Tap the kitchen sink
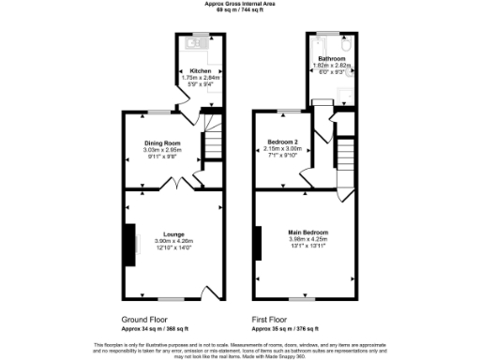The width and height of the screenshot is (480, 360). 198,41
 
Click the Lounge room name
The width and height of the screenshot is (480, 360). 172,233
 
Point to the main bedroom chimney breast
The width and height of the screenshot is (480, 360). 256,243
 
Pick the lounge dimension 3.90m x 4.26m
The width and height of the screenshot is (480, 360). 172,241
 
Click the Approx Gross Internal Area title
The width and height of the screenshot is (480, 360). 240,4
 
